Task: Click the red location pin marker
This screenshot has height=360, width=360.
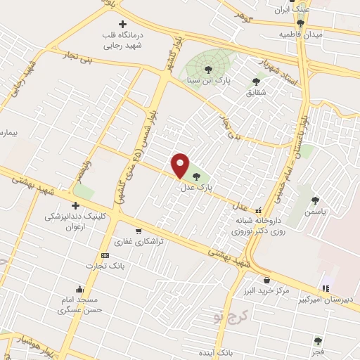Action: [181, 165]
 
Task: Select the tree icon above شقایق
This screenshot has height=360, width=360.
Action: [255, 82]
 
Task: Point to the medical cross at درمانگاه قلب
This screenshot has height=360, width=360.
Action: [122, 25]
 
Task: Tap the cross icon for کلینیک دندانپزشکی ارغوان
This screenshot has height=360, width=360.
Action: [75, 205]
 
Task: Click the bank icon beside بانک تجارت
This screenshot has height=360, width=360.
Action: [105, 255]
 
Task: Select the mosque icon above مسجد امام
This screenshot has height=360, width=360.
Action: [81, 289]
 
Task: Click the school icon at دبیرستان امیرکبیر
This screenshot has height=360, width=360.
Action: [324, 288]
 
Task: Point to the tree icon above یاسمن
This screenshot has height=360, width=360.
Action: [315, 200]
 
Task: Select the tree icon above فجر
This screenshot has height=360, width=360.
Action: [320, 341]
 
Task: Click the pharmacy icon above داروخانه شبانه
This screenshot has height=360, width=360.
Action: [259, 210]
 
